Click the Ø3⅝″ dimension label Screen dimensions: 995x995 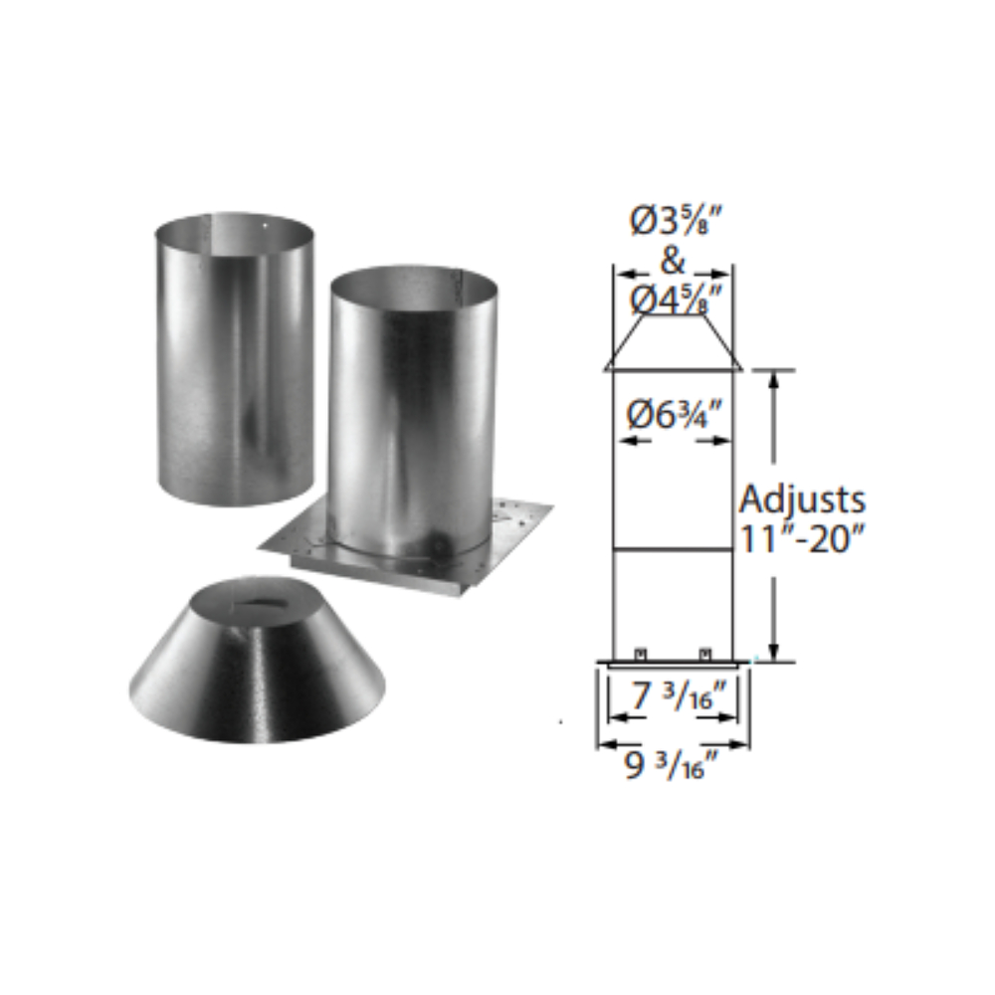(677, 223)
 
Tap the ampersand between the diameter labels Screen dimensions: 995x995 (673, 261)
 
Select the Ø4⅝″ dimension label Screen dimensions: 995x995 (677, 299)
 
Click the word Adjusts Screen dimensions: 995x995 (802, 500)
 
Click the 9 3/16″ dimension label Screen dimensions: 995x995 (672, 766)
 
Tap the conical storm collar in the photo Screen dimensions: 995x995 (256, 660)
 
